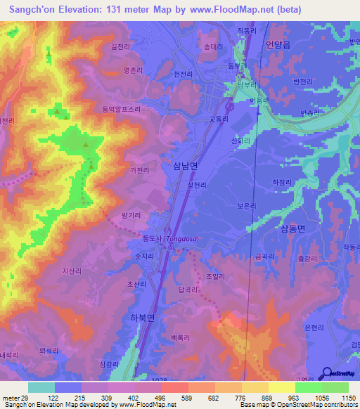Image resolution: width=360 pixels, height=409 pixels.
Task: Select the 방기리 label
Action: [x=131, y=214]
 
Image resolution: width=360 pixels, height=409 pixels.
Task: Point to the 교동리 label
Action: [x=219, y=119]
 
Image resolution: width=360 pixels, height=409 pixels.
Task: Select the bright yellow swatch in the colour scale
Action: [x=282, y=387]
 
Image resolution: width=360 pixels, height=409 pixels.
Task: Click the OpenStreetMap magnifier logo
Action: [x=327, y=373]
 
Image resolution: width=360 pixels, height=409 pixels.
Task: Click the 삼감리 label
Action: [x=110, y=364]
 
